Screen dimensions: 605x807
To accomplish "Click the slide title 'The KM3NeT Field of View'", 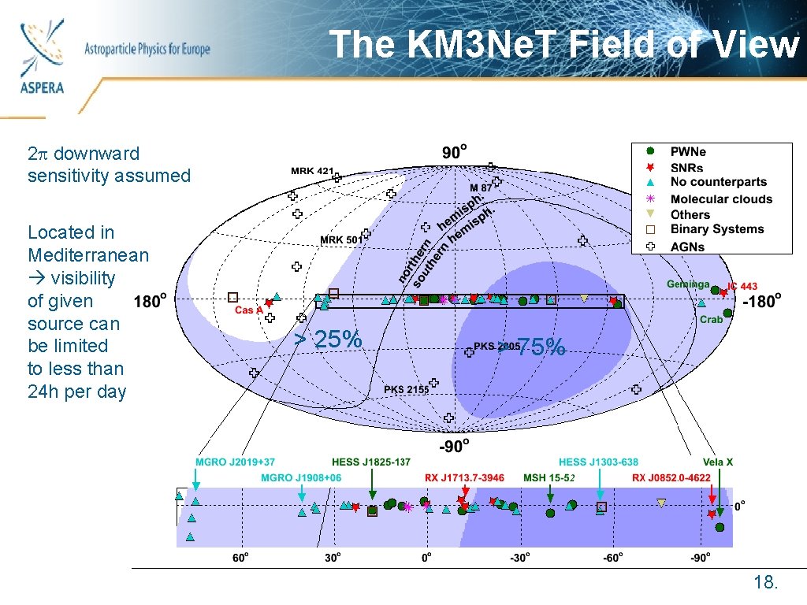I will click(x=563, y=44).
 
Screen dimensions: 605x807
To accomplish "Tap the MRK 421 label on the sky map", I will click(x=312, y=170).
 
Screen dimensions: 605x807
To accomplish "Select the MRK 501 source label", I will click(x=340, y=240).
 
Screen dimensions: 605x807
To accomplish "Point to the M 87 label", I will click(x=480, y=188).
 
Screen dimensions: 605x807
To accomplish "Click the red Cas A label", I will click(x=248, y=310).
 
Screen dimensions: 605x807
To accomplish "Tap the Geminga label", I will click(x=688, y=284).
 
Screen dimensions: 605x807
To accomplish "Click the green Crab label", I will click(x=712, y=319).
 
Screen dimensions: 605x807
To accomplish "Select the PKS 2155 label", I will click(x=406, y=389).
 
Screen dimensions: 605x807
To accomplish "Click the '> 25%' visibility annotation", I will click(x=328, y=340).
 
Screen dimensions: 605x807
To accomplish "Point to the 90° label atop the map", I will click(x=454, y=151).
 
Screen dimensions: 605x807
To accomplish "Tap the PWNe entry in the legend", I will click(x=688, y=152).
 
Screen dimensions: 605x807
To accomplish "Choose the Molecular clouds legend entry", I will click(x=720, y=199).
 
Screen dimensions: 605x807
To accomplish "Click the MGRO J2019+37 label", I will click(x=235, y=462).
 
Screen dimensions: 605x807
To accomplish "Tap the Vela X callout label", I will click(x=718, y=462).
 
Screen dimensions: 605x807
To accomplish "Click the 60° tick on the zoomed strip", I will click(x=241, y=558).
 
